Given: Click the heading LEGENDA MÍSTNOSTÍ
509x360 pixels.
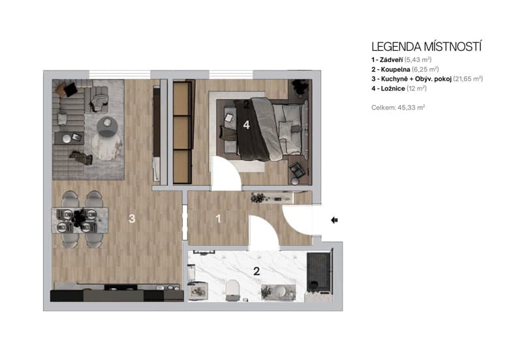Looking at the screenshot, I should [x=426, y=47].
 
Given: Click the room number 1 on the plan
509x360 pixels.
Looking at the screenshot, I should [x=218, y=219].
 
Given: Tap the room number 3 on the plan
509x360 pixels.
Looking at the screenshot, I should [x=132, y=219].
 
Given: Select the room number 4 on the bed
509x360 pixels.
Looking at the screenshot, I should [x=246, y=125].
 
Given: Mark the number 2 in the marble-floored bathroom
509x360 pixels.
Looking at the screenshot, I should [x=256, y=271].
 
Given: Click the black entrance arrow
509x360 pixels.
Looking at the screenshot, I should [x=335, y=220].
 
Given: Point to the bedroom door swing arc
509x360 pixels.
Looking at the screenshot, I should [x=225, y=175].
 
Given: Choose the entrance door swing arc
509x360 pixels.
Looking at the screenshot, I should [x=298, y=225].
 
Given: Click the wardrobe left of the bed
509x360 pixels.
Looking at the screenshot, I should [x=182, y=132].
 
